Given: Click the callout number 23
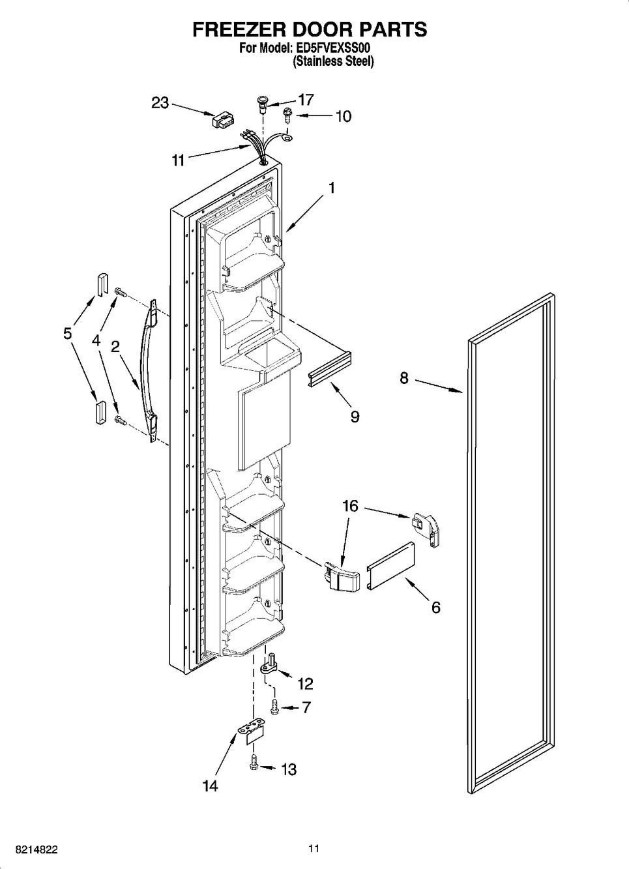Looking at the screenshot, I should coord(160,103).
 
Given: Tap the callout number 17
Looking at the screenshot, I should coord(305,100).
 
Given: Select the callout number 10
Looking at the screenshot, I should coord(343,116).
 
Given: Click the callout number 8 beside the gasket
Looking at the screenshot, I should coord(404,377).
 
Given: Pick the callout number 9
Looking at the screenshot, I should coord(355,417).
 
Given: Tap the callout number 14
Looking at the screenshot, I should coord(209,786).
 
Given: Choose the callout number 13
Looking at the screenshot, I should coord(288,769).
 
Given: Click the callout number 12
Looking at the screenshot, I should coord(304,683).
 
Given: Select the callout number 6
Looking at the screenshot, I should coord(435,608).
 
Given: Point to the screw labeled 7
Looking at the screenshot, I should coord(274,705).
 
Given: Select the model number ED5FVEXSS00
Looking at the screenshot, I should coord(338,48).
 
